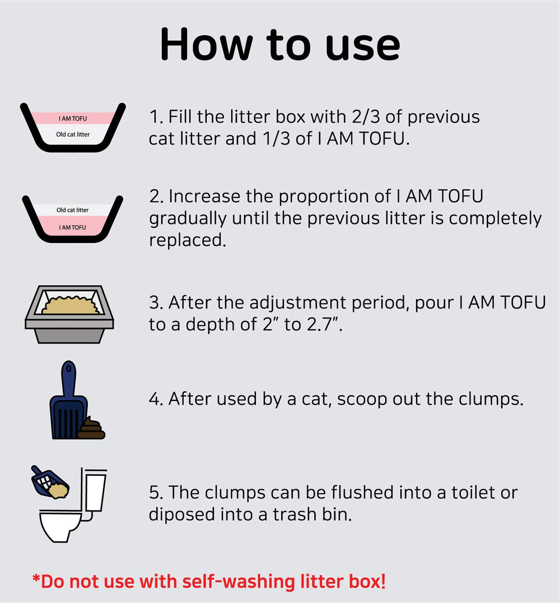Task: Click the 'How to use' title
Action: point(279,45)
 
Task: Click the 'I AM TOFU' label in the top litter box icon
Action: point(73,119)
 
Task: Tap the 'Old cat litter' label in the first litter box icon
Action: point(73,134)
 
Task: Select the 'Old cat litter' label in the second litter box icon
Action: point(72,210)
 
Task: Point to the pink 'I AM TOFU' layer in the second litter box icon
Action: point(72,227)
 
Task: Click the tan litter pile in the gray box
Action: point(71,306)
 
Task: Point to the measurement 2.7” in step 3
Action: point(324,324)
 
